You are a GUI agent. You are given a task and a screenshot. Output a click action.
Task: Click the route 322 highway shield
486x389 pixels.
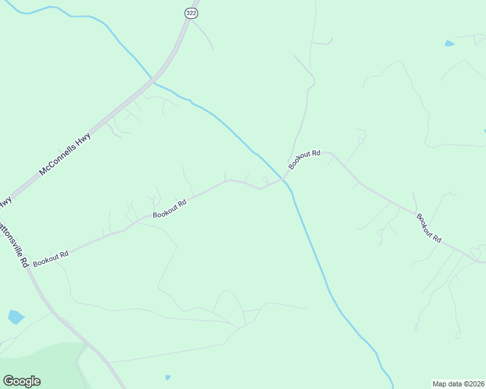point(190,13)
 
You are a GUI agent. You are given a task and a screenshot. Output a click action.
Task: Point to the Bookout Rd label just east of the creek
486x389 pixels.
point(305,159)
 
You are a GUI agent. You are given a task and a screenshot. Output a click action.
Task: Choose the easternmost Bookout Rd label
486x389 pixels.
point(429,228)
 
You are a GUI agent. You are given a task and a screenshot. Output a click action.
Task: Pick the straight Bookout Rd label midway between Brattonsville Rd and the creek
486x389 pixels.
point(170,208)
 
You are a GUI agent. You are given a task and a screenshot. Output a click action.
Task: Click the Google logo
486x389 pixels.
point(21,381)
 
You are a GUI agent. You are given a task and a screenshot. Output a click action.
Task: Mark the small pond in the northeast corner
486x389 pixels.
point(449,43)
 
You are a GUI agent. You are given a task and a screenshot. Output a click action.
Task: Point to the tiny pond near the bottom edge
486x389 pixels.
point(168,377)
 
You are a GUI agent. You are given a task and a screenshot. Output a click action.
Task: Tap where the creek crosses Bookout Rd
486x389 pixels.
point(284,178)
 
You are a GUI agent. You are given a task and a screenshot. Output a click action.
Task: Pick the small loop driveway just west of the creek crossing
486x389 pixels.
point(264,179)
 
